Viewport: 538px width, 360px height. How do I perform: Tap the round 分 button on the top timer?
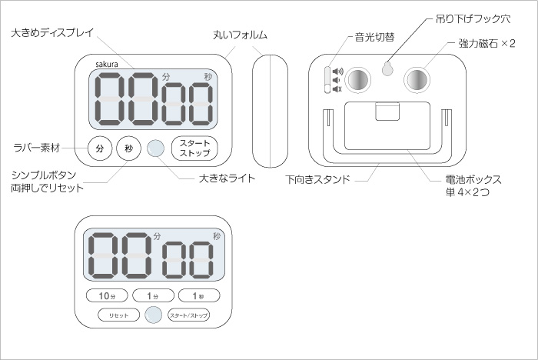[x=99, y=148]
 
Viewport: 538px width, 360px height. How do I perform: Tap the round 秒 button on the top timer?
[x=128, y=148]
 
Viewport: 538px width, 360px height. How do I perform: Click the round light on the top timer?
[x=156, y=148]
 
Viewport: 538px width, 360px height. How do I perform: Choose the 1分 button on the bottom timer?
[x=153, y=295]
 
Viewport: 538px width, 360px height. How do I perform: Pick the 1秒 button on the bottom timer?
[x=199, y=295]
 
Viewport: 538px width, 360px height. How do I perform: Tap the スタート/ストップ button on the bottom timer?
[x=189, y=314]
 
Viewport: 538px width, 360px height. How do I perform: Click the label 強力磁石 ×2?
[x=487, y=44]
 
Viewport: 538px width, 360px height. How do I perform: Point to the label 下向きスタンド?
[x=318, y=179]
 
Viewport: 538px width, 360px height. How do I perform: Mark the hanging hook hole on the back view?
[x=389, y=69]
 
